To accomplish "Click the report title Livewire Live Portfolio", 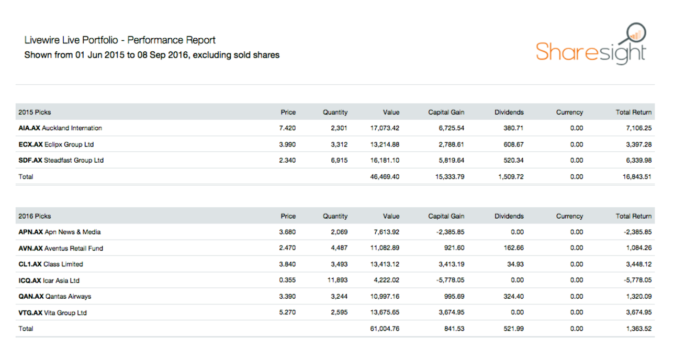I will (120, 40).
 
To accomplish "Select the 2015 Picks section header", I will (35, 112).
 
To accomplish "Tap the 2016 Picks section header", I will (35, 216).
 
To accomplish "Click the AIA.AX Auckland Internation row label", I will (60, 128).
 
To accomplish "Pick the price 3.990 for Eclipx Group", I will (287, 144).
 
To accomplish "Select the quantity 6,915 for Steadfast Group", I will (338, 161).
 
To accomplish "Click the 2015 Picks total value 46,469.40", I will (385, 177).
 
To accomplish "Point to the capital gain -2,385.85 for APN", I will (450, 232).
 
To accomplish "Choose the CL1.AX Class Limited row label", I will (51, 264).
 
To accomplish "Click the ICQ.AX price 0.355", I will (287, 280).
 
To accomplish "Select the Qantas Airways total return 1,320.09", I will (637, 297).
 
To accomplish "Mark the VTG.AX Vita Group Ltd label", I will (52, 313).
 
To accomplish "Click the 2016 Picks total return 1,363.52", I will (637, 329).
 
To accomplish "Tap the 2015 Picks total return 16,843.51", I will (635, 177).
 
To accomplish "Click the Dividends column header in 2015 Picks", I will (509, 112).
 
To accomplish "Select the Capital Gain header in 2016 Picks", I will (446, 216).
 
